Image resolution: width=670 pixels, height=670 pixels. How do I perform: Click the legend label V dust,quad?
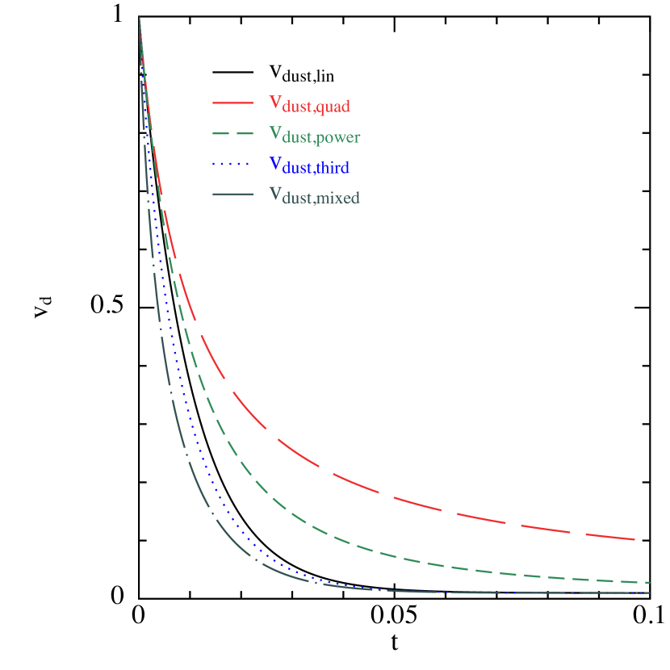click(x=309, y=104)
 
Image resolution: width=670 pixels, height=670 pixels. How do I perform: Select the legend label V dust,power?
click(x=314, y=136)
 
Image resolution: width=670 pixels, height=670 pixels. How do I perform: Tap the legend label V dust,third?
click(x=308, y=166)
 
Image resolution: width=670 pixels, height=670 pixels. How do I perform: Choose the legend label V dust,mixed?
click(x=314, y=197)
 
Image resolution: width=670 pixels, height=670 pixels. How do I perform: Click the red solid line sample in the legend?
click(x=233, y=103)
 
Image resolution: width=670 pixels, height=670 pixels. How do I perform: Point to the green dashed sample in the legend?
click(x=233, y=134)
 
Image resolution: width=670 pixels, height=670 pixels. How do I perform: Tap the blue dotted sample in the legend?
click(x=233, y=165)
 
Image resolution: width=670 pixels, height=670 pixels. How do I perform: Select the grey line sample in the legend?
click(x=233, y=195)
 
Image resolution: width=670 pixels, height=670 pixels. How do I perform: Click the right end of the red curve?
click(x=634, y=539)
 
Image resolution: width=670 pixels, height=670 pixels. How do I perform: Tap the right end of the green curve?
click(x=650, y=582)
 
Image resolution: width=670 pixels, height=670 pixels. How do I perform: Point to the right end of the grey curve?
click(x=650, y=593)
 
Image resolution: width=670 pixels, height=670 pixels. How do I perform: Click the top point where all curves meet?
click(x=140, y=18)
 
